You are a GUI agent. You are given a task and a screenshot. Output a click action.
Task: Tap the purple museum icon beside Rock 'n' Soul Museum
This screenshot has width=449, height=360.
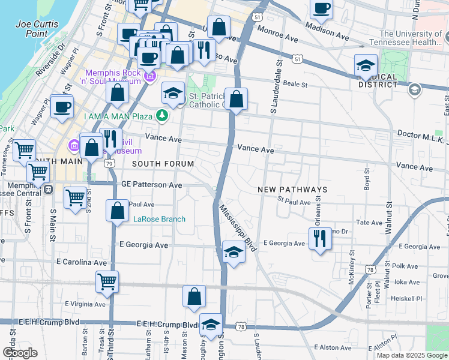150,76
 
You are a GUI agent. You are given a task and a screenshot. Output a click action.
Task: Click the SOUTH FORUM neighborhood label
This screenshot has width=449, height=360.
163,164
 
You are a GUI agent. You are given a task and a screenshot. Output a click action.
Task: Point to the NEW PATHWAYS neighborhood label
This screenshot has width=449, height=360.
292,190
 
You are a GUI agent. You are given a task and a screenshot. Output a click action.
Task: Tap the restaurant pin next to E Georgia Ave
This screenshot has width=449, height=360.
320,239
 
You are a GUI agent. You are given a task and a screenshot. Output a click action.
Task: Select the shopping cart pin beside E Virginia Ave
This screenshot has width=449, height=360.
107,281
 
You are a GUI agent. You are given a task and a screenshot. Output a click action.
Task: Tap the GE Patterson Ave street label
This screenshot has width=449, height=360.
151,185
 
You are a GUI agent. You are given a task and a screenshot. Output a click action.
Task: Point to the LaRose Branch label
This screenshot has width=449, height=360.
159,219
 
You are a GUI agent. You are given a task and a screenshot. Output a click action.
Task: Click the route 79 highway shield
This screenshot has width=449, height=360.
109,163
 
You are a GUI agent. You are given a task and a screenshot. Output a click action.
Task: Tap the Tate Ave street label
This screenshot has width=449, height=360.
369,222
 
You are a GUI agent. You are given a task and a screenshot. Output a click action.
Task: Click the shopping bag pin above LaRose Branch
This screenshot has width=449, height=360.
117,211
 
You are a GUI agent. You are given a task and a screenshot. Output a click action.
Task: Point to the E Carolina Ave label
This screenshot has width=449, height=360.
81,262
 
